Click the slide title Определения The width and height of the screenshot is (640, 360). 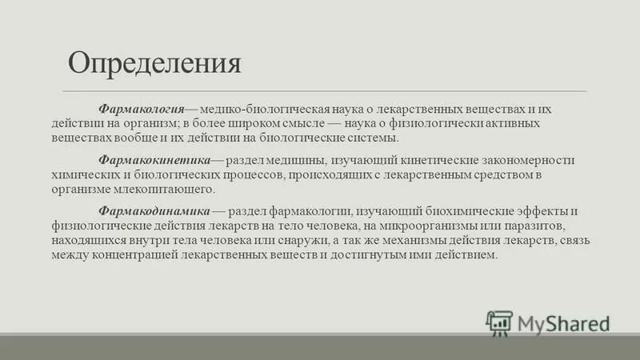click(154, 62)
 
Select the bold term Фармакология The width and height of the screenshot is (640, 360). click(142, 106)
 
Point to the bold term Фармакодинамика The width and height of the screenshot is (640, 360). click(154, 210)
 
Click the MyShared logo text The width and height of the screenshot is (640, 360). click(563, 323)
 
